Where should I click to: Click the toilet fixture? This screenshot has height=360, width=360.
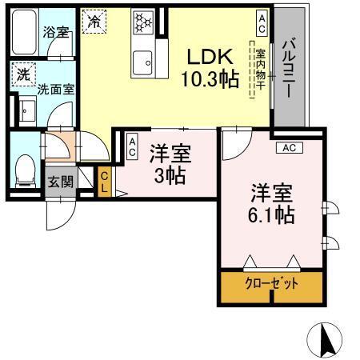coord(25,168)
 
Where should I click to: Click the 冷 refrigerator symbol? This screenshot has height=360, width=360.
coord(94,21)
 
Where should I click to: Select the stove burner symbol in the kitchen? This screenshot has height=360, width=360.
coord(144,22)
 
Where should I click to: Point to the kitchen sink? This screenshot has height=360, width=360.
coord(144,59)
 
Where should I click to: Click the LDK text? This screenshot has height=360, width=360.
coord(210,56)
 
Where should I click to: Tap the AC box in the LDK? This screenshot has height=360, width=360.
coord(262,17)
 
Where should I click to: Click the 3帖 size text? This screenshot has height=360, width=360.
coord(169,174)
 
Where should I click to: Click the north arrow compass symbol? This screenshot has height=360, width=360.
coord(326,340)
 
